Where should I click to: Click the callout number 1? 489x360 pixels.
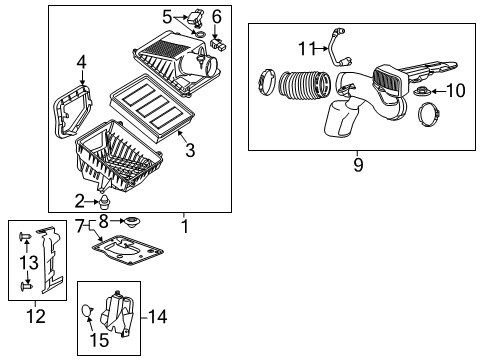pos(183,227)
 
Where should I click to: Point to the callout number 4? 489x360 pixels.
pos(81,62)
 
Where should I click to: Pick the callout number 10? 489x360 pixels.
pos(455,91)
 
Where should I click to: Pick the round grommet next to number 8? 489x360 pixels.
pos(132,221)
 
